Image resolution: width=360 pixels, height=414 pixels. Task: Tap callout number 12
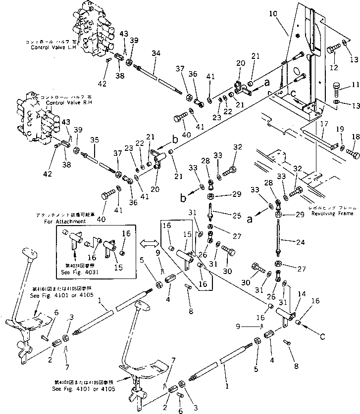[x=335, y=67]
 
